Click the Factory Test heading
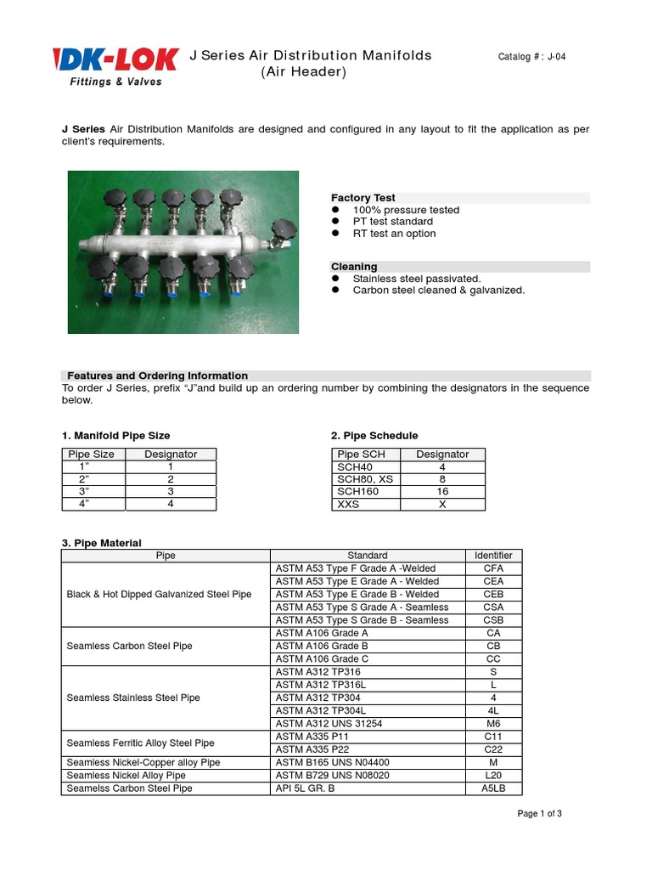(x=363, y=198)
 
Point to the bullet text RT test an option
(x=394, y=234)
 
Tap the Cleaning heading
(x=354, y=267)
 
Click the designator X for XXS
(x=441, y=504)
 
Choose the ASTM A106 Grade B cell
(x=322, y=646)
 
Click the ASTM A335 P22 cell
(x=311, y=749)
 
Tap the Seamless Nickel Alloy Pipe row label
(x=126, y=776)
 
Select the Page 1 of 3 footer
(x=539, y=814)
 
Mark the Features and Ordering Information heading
(x=157, y=376)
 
